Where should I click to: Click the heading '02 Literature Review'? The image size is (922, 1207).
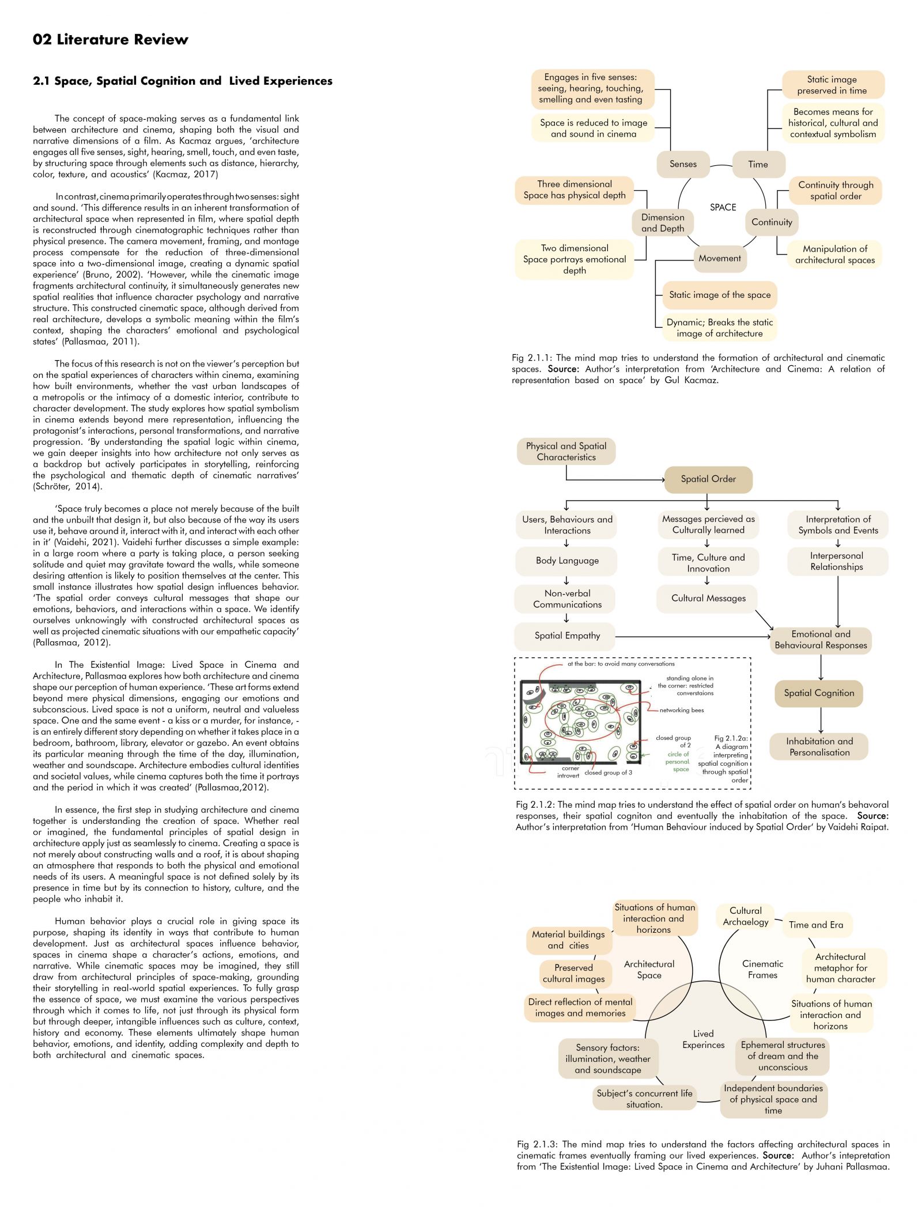[111, 40]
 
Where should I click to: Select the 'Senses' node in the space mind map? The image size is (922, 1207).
[683, 164]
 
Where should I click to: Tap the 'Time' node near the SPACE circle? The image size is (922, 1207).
[758, 164]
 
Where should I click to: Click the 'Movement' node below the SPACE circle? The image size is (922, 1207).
[720, 258]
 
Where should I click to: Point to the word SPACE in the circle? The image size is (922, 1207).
[723, 207]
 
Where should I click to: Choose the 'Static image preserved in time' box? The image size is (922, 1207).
[833, 85]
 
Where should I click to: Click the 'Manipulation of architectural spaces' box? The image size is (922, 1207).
[835, 255]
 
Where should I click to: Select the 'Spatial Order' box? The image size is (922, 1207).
[708, 479]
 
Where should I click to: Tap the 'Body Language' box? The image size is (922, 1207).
[567, 561]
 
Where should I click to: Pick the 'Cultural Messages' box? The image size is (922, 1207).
[708, 598]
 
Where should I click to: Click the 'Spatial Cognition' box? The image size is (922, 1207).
[819, 693]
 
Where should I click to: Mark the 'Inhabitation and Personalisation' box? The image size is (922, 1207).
[819, 747]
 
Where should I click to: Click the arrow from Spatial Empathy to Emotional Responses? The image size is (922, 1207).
[693, 637]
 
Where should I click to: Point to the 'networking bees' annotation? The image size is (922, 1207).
[682, 710]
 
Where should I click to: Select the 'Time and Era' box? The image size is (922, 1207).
[816, 925]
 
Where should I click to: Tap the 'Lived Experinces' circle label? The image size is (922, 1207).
[703, 1039]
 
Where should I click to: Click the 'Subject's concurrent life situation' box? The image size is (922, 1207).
[644, 1099]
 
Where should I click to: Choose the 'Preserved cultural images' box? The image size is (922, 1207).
[573, 973]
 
